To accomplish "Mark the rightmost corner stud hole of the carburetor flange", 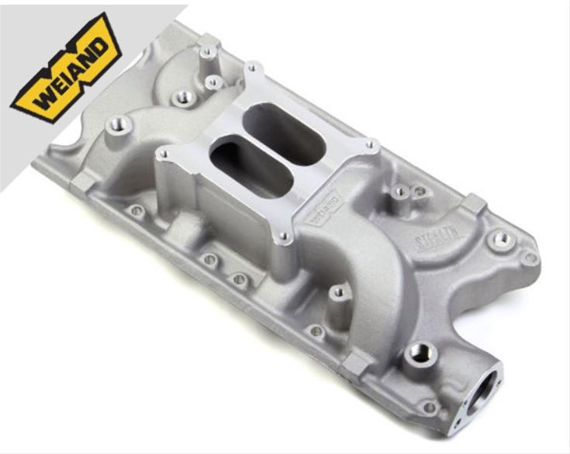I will pos(371,144).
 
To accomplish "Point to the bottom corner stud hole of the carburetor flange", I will pos(284,237).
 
